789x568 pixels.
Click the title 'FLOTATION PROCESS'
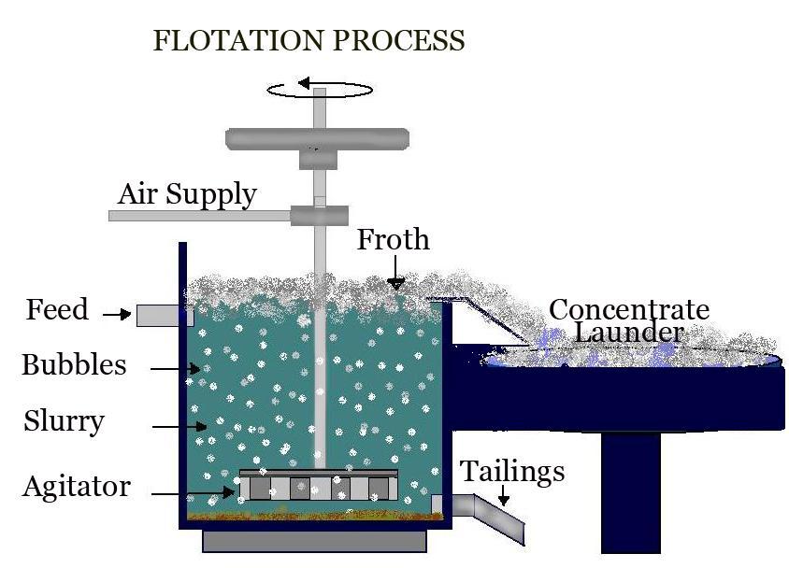tap(308, 41)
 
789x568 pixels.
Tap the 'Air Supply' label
tap(187, 194)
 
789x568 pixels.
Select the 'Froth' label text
tap(394, 240)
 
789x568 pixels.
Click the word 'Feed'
tap(57, 309)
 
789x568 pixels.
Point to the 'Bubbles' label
tap(74, 364)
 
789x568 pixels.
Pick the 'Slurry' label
tap(64, 421)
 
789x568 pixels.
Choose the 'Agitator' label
tap(77, 487)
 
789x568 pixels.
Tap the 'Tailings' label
tap(512, 472)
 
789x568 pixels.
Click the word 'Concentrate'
tap(629, 310)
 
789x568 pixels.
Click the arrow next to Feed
tap(117, 315)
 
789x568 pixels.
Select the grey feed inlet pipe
tap(165, 316)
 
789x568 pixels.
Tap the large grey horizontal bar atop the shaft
tap(318, 138)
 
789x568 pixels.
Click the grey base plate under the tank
tap(314, 541)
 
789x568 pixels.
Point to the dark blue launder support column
tap(631, 490)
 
